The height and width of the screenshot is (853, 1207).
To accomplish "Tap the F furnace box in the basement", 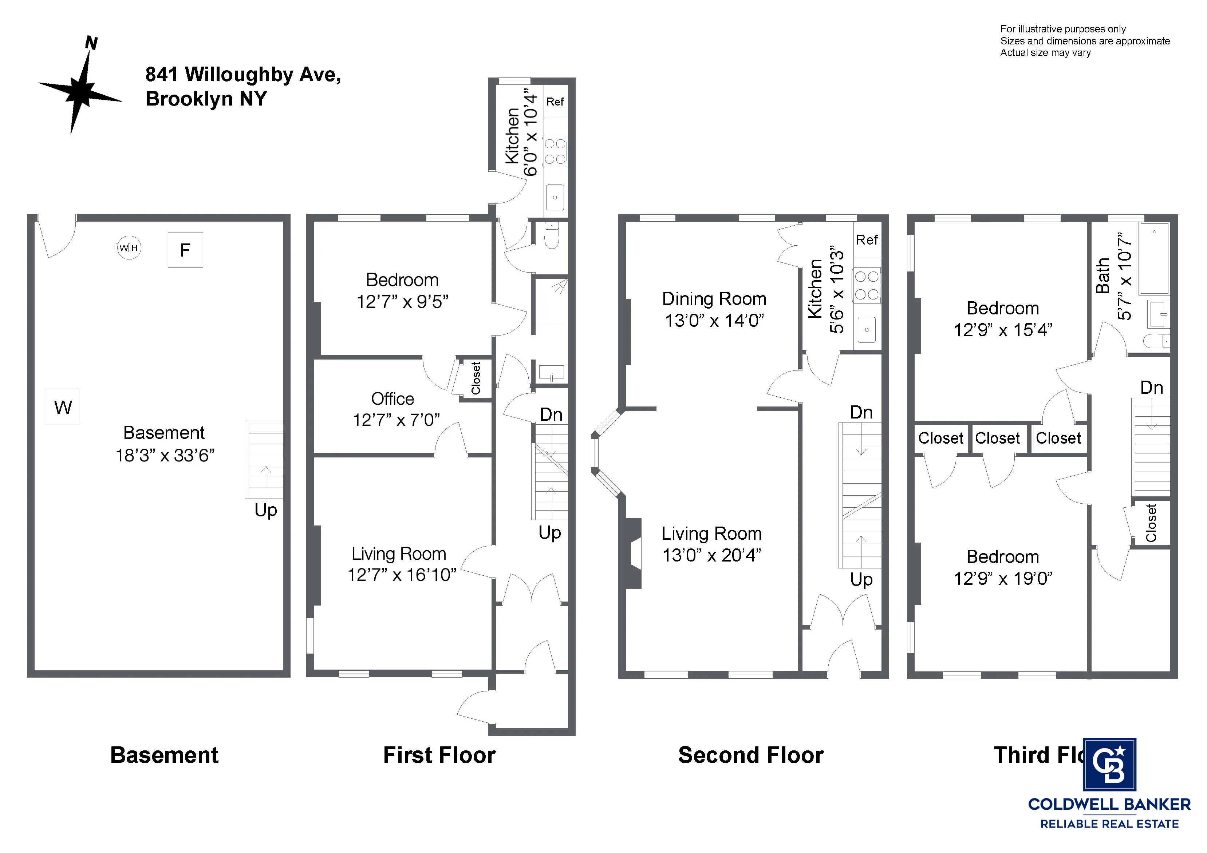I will [x=185, y=250].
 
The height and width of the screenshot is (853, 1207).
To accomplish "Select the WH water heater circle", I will [x=128, y=247].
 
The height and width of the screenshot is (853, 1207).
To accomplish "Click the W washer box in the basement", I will [x=63, y=407].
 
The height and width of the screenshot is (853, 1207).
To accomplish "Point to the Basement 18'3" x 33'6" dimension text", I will [x=165, y=455].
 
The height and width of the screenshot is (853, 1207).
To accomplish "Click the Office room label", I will [x=392, y=399].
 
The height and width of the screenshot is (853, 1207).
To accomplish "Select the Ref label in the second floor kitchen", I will [x=866, y=240].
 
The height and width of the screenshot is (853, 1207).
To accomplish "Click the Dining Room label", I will [x=714, y=299].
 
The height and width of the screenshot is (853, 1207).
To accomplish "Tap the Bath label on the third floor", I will [x=1103, y=276].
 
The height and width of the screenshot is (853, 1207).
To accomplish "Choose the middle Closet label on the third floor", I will [x=997, y=438].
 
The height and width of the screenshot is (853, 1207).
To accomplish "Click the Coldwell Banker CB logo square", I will [x=1109, y=765].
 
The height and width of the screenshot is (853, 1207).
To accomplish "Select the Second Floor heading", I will [x=751, y=755].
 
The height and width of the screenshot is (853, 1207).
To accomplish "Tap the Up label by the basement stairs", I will [x=265, y=510].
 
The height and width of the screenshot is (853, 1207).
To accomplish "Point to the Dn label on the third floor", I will [x=1151, y=388].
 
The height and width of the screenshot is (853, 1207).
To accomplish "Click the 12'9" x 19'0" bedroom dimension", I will [x=1002, y=579].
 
